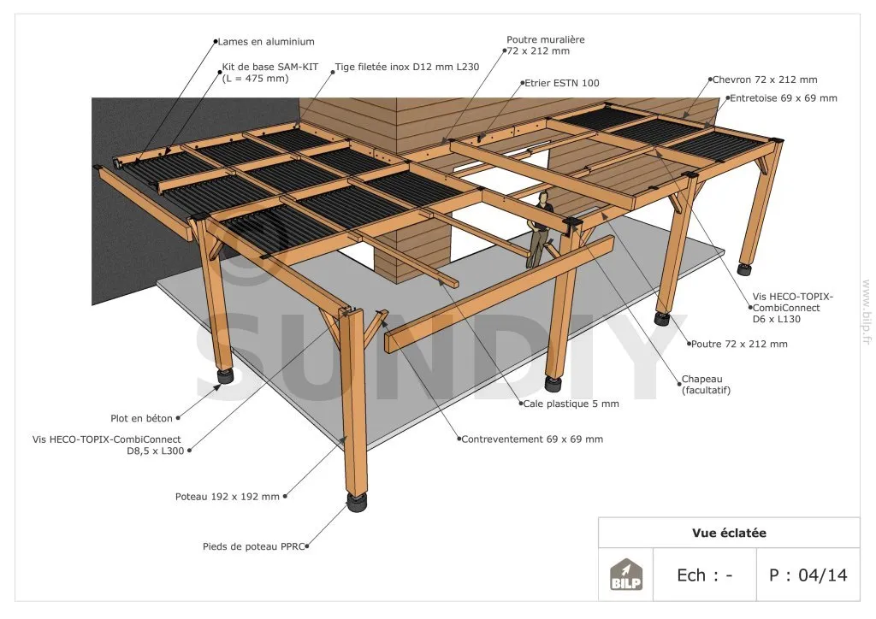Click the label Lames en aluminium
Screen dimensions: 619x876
coord(266,41)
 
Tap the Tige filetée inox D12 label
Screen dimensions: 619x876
coord(406,66)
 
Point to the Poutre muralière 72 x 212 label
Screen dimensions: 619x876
coord(546,45)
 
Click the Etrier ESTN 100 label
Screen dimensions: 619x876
coord(561,83)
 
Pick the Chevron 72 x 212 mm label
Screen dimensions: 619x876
coord(765,80)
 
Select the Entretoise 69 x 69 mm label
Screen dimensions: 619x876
coord(783,98)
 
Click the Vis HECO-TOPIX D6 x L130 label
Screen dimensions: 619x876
coord(792,307)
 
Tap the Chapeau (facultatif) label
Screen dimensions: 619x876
coord(706,385)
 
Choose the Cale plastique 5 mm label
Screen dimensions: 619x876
coord(571,404)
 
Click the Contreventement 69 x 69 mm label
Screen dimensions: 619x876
coord(532,439)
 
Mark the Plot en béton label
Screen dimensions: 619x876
coord(141,419)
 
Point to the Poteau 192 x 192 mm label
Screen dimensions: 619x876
coord(227,496)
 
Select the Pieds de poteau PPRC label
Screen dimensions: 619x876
coord(254,545)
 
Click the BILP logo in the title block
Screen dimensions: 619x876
coord(625,575)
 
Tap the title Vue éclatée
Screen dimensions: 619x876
coord(729,533)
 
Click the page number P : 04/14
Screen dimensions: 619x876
coord(808,575)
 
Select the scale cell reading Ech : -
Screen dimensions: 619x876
coord(704,575)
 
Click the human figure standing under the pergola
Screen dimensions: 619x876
coord(539,228)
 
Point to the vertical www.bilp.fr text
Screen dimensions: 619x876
coord(866,312)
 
